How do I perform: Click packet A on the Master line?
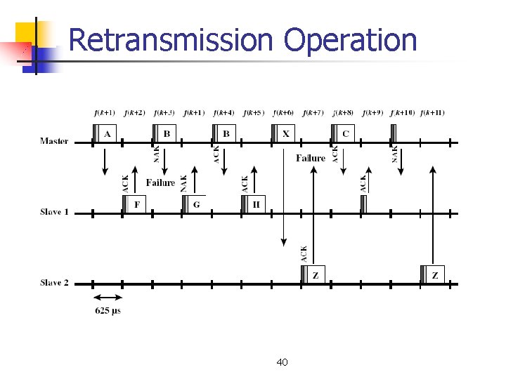point(107,133)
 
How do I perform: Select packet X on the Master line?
point(285,133)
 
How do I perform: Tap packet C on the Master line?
point(345,133)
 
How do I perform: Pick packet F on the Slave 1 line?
point(136,204)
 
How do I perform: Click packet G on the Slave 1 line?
point(196,204)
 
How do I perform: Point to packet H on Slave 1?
point(256,204)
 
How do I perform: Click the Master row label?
point(54,141)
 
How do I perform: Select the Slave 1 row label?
point(54,212)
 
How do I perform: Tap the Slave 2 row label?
point(54,283)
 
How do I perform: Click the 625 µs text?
point(108,311)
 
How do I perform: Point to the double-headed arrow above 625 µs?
point(108,298)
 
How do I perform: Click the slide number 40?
point(282,362)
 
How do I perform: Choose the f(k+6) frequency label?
point(283,112)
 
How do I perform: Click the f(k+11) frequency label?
point(432,112)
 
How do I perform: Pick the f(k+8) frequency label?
point(343,112)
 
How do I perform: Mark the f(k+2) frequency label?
point(134,112)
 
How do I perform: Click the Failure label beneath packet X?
point(311,158)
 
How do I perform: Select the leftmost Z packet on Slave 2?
point(315,275)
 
